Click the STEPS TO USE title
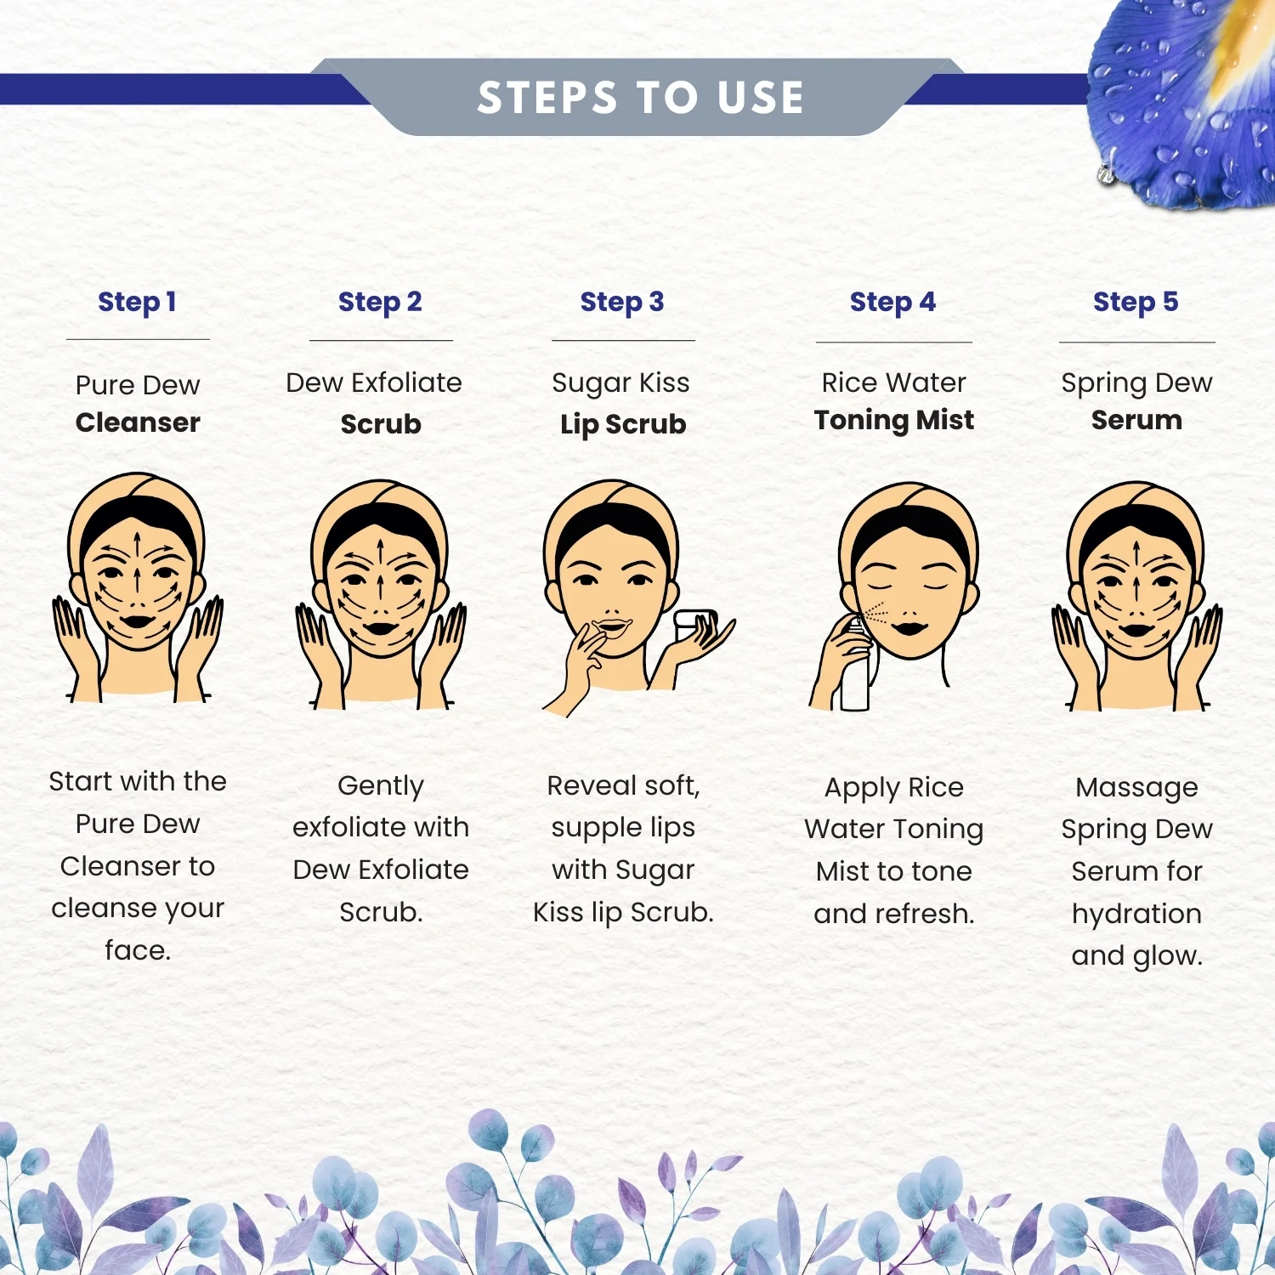tap(640, 97)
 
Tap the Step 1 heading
tap(137, 302)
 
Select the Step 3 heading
tap(622, 302)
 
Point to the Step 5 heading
tap(1136, 302)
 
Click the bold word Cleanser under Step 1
tap(138, 422)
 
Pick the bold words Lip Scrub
tap(623, 424)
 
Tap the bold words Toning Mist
tap(894, 420)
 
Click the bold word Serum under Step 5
tap(1136, 420)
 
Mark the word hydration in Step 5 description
tap(1136, 915)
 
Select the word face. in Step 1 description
tap(138, 949)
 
